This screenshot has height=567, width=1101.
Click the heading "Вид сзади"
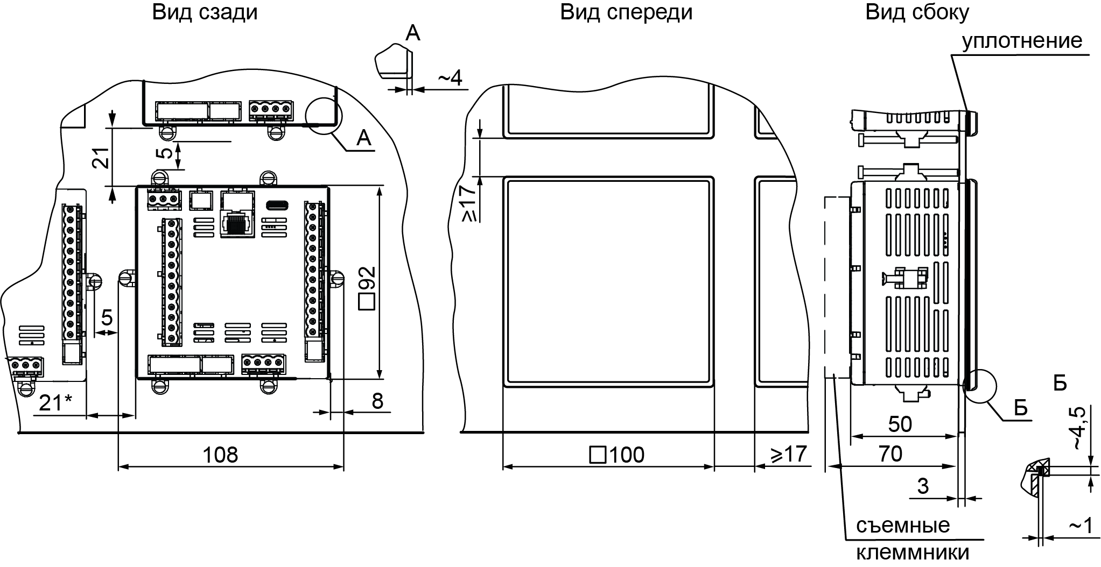[x=205, y=12]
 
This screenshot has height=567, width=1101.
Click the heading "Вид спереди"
[x=626, y=12]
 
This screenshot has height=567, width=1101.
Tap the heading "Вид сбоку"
[x=917, y=12]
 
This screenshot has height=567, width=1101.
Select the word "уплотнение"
[x=1022, y=41]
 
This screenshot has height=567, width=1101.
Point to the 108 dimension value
[x=220, y=455]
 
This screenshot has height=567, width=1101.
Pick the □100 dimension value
[x=618, y=455]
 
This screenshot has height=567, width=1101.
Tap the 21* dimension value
[x=58, y=403]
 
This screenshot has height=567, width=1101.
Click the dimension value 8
[x=377, y=401]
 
